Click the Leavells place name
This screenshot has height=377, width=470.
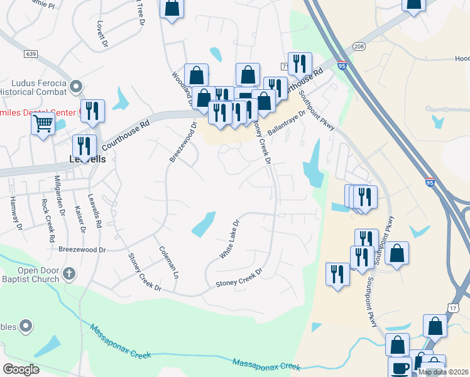coord(87,160)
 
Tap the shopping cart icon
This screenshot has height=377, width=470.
coord(43,123)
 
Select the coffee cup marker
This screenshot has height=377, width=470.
coord(400,368)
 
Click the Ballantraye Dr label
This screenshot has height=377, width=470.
coord(285,123)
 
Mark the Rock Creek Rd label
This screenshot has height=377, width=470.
coord(48,213)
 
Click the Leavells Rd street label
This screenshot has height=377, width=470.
coord(95,211)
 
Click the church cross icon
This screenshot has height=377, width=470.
coord(70,273)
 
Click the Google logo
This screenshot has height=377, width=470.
coord(21,369)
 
